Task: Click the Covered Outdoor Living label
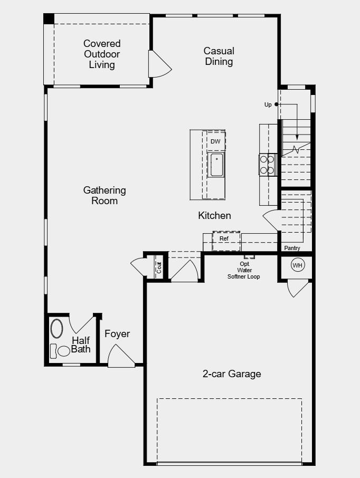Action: [x=102, y=54]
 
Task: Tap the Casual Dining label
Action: [x=219, y=56]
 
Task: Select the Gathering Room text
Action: [x=105, y=195]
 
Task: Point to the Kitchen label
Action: [x=214, y=215]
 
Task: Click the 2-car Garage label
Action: [x=232, y=374]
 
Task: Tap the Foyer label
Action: [x=117, y=334]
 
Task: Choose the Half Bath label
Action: [x=81, y=345]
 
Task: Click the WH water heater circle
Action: [x=297, y=265]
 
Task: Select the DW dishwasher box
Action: [x=215, y=141]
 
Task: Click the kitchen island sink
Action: [x=216, y=165]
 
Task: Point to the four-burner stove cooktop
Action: [x=267, y=165]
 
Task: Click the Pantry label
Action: [x=292, y=248]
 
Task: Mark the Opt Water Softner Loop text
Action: [x=243, y=270]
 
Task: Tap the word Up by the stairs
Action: [x=268, y=104]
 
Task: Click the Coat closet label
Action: [x=159, y=267]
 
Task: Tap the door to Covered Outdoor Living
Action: [x=159, y=65]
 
